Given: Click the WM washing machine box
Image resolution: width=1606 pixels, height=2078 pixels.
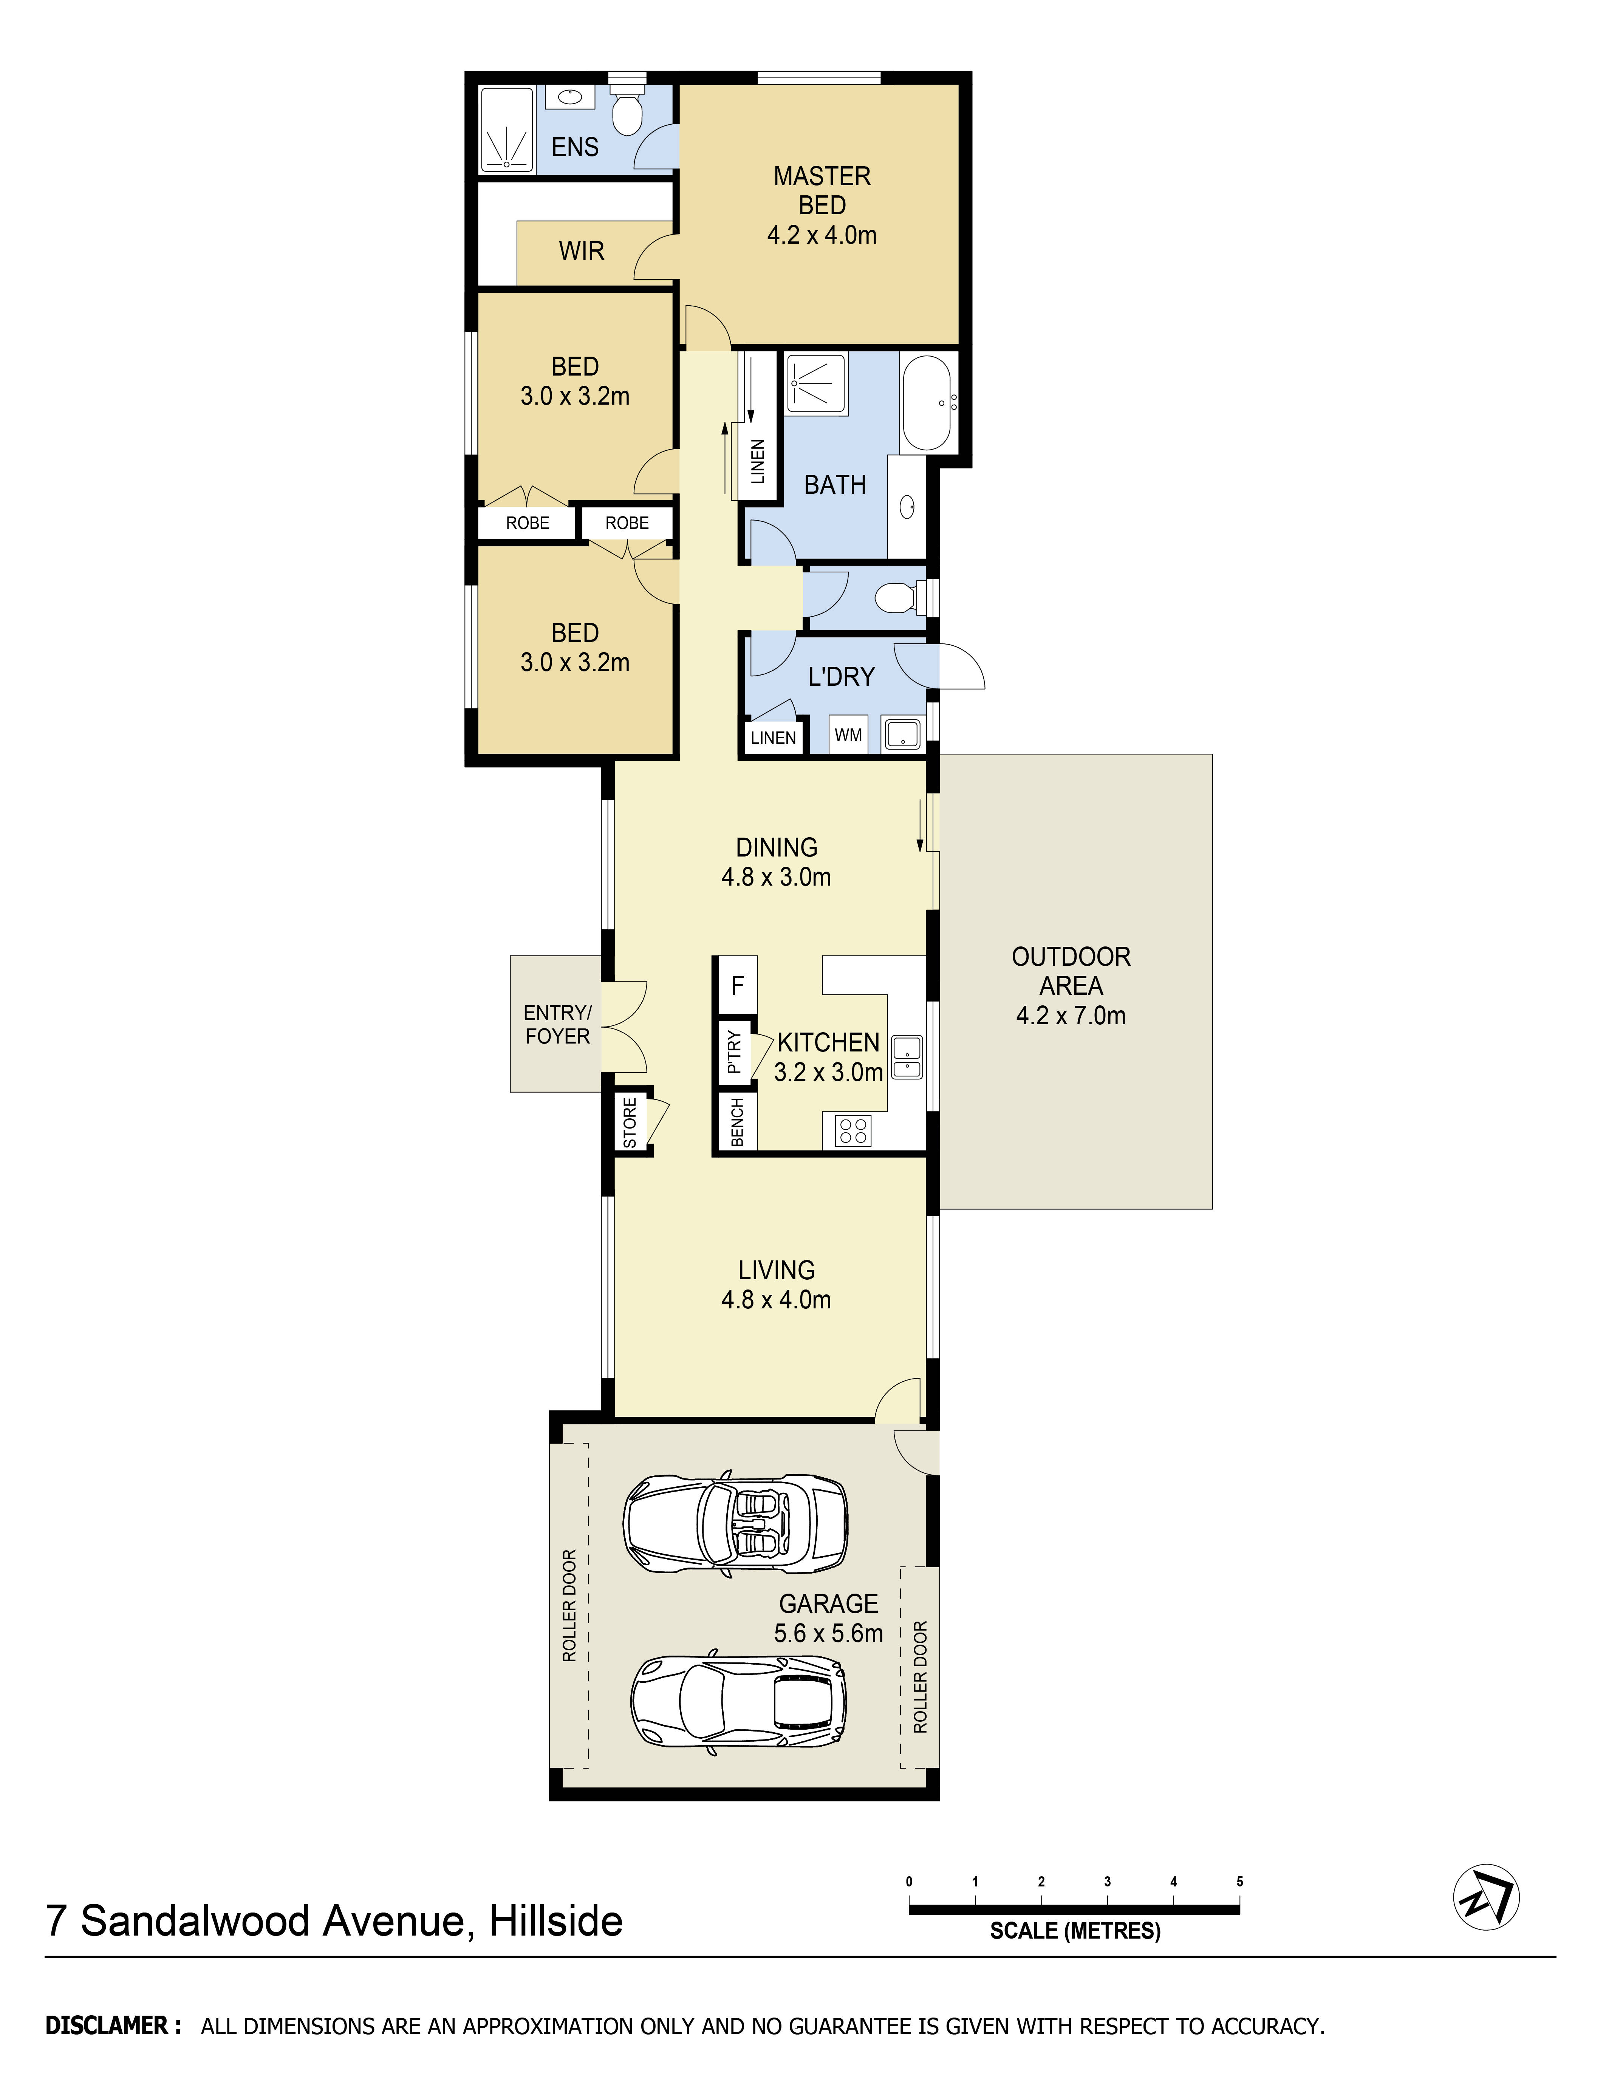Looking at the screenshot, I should pyautogui.click(x=848, y=734).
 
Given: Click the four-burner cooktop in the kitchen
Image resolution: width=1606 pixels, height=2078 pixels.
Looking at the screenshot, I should pyautogui.click(x=853, y=1130).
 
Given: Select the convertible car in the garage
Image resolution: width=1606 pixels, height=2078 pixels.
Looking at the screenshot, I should pyautogui.click(x=735, y=1523).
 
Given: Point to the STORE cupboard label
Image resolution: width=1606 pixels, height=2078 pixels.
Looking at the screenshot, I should pyautogui.click(x=630, y=1123).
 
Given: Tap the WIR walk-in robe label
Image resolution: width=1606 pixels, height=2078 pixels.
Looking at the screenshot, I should pyautogui.click(x=581, y=251).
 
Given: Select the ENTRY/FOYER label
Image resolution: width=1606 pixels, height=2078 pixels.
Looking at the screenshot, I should pyautogui.click(x=557, y=1025).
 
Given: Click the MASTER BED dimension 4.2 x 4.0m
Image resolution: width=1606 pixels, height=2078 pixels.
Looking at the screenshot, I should pyautogui.click(x=822, y=235).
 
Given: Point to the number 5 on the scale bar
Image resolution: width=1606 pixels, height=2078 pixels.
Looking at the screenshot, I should pyautogui.click(x=1239, y=1881).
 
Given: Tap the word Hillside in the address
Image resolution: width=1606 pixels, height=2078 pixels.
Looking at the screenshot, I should pyautogui.click(x=555, y=1921).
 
